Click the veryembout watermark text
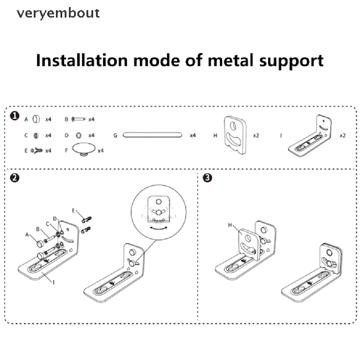(58, 13)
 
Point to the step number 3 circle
(208, 178)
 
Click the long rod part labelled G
(152, 135)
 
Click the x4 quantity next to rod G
(193, 135)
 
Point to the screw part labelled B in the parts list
(79, 120)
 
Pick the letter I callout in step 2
(53, 281)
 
